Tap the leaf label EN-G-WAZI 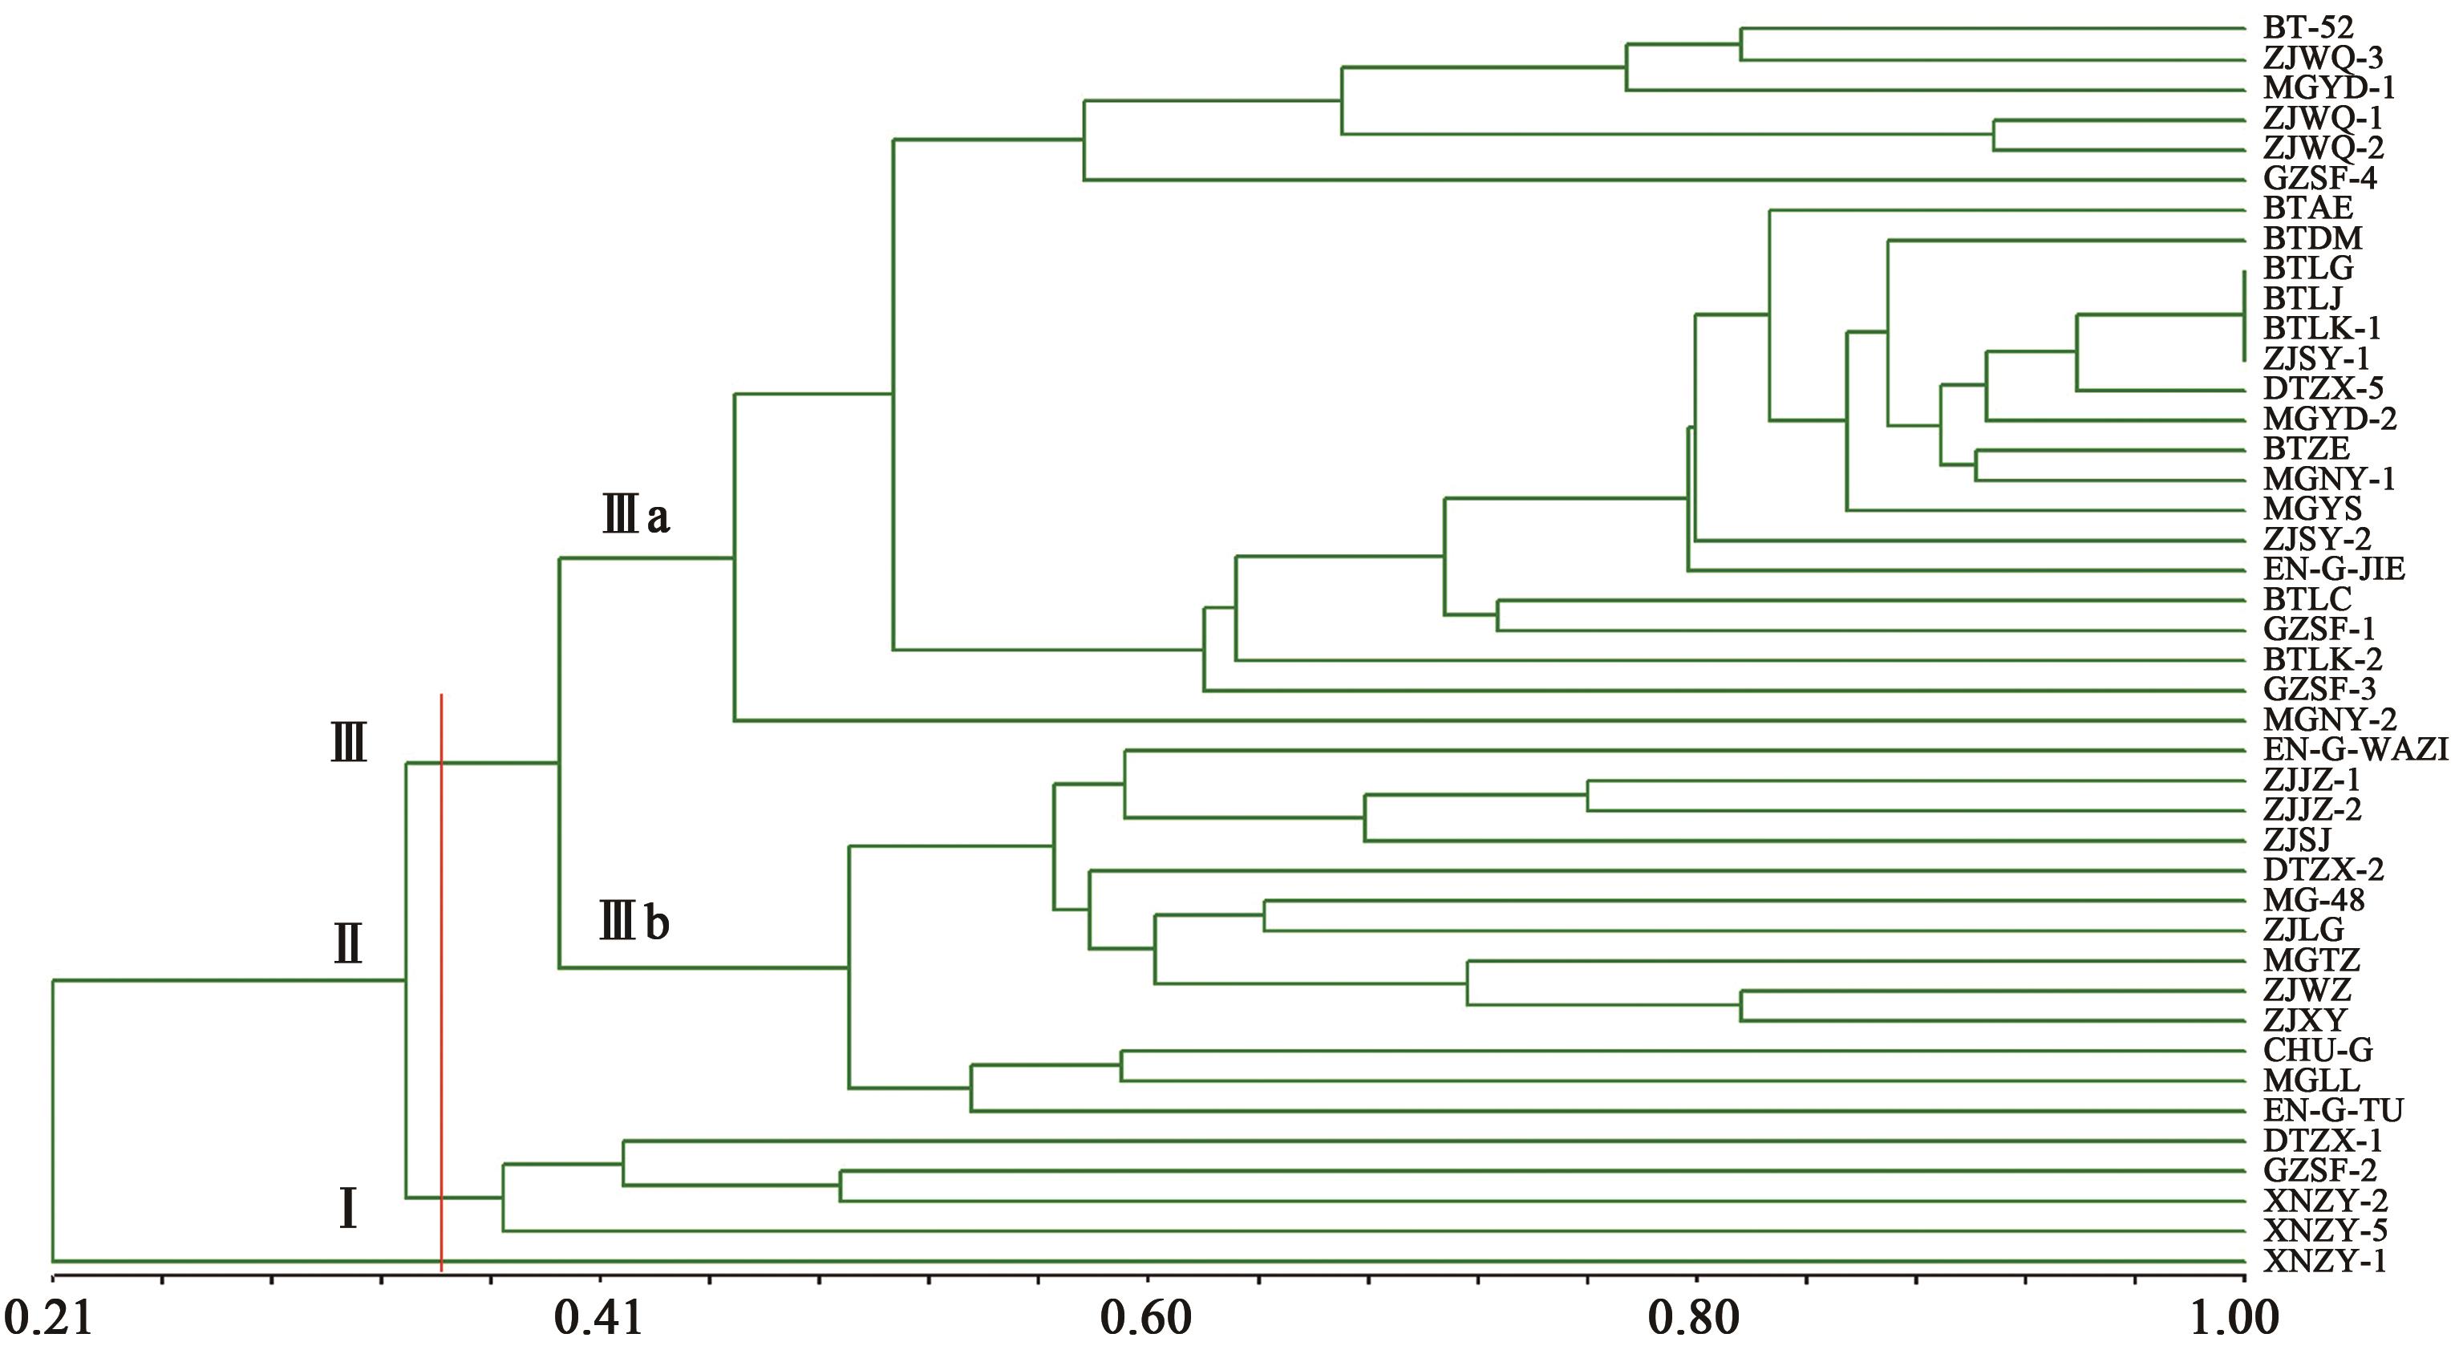click(x=2353, y=750)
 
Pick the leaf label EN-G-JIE click(x=2334, y=570)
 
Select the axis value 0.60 click(x=1146, y=1319)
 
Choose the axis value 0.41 click(x=599, y=1319)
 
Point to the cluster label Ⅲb click(x=634, y=922)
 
